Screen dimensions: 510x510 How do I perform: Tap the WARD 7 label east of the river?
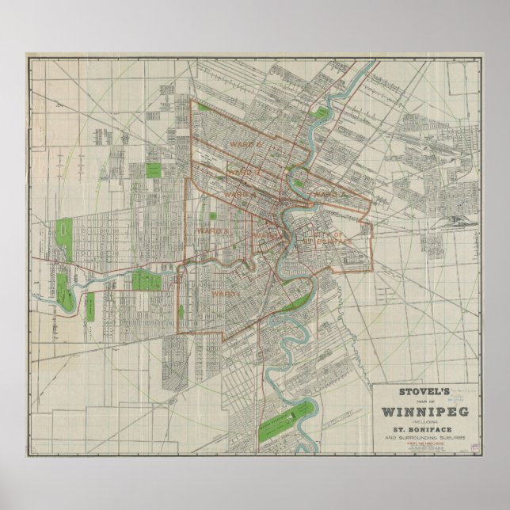[325, 192]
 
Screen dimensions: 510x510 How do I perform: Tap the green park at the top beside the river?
[322, 114]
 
